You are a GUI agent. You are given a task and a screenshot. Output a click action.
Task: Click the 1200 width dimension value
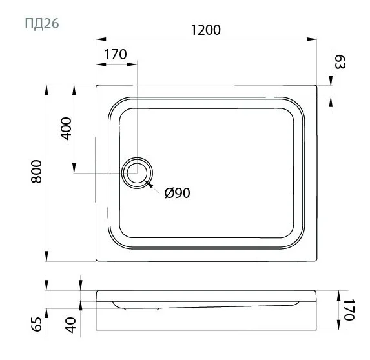click(x=206, y=30)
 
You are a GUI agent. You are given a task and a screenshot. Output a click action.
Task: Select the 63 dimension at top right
click(x=340, y=63)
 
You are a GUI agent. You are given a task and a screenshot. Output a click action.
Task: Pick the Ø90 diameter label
click(x=177, y=193)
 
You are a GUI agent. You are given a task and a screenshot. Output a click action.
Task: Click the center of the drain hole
click(x=137, y=173)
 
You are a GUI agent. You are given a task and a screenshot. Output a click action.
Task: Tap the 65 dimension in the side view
click(x=37, y=325)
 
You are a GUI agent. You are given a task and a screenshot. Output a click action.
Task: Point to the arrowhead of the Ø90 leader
click(x=150, y=186)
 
